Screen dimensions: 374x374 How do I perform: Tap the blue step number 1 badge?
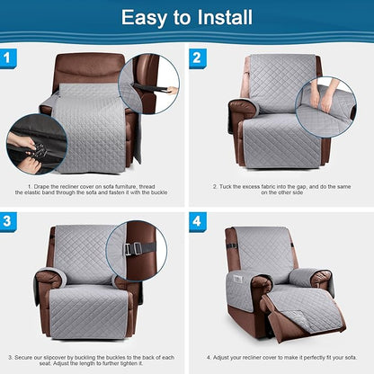[9, 58]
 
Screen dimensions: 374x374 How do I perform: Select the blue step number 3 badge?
[9, 221]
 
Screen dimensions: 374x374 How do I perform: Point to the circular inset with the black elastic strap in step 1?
[148, 86]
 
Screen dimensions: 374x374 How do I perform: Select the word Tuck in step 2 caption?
[227, 187]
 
